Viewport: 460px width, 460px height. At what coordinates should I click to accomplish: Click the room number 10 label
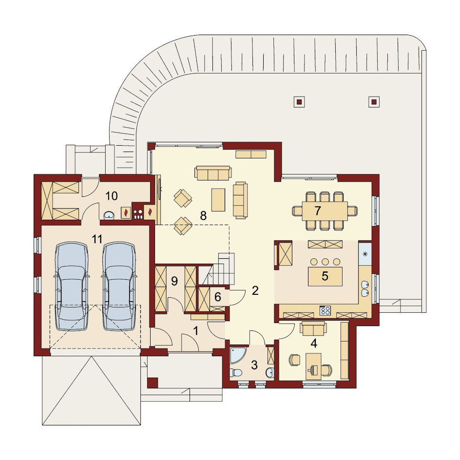coord(112,196)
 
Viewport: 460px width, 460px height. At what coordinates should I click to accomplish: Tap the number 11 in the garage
coord(97,239)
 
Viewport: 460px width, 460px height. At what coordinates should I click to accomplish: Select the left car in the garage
coord(72,286)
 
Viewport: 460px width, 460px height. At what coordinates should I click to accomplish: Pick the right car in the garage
coord(119,286)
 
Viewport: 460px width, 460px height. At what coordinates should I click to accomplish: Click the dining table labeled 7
coord(325,211)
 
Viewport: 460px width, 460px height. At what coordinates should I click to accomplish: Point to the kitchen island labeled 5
coord(325,276)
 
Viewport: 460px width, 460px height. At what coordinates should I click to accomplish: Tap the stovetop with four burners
coord(325,310)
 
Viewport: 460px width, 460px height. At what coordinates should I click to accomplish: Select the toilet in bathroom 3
coord(236,372)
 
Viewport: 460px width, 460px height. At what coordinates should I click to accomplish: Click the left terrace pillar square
coord(299,102)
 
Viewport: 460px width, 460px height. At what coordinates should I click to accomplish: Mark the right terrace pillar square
coord(374,102)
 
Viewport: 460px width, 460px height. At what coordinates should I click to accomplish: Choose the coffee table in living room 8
coord(218,199)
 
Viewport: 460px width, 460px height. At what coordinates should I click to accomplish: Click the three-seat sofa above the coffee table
coord(213,173)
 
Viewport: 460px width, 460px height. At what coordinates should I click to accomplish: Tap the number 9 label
coord(174,281)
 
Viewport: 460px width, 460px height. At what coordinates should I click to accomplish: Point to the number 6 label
coord(218,297)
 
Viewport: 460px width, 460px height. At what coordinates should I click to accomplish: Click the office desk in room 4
coord(314,366)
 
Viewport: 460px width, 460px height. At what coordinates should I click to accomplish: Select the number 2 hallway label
coord(255,290)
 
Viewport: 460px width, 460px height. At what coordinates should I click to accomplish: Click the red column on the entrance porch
coord(153,383)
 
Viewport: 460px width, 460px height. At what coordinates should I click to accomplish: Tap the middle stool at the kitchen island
coord(325,261)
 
